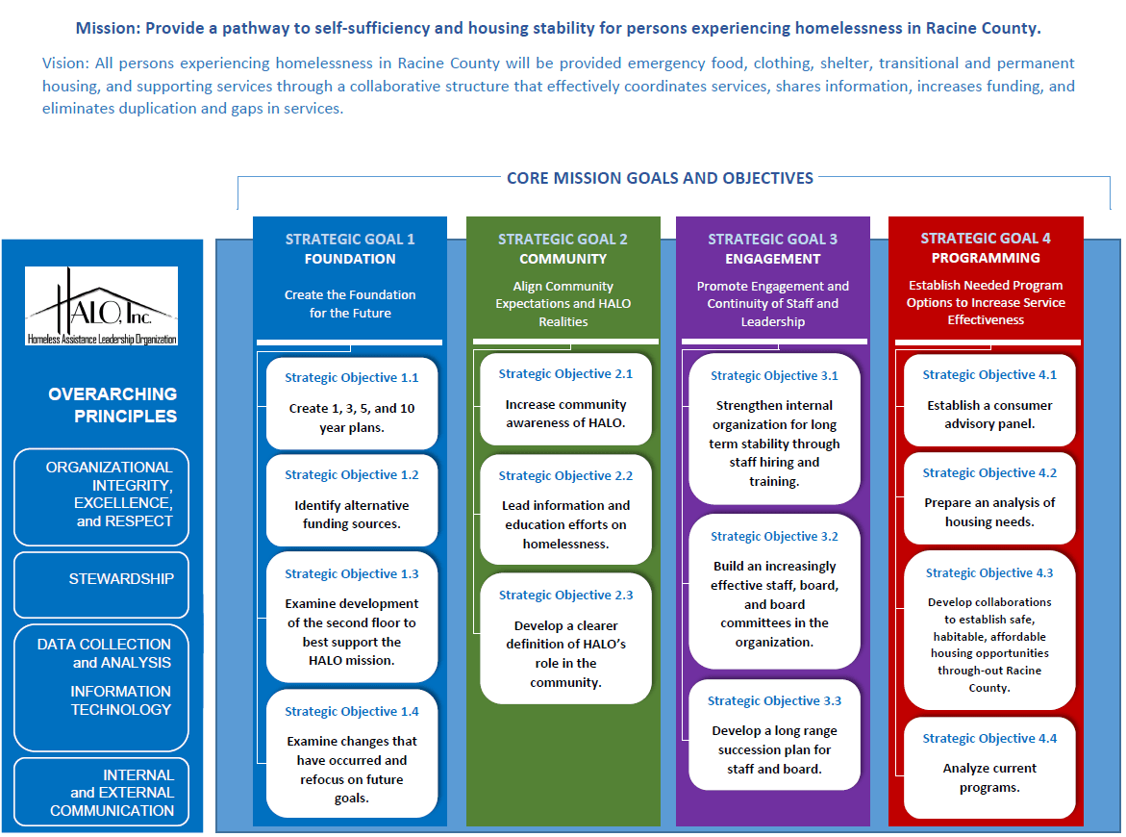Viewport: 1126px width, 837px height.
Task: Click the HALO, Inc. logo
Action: pos(102,306)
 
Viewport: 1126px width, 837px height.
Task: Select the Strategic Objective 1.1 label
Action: pos(351,378)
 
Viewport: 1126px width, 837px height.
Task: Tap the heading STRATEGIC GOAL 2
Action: pos(563,240)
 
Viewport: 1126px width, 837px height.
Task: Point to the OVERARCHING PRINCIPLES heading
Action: pos(113,405)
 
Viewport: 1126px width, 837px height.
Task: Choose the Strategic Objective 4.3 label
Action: pos(988,573)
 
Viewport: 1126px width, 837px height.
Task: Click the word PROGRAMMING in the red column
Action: pos(985,258)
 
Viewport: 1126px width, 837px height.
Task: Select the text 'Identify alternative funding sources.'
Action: pos(351,515)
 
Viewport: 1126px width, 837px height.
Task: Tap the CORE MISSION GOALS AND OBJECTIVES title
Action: pos(660,178)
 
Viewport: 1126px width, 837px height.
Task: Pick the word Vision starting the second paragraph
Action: pos(63,63)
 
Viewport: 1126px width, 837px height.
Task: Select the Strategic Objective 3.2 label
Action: pos(774,537)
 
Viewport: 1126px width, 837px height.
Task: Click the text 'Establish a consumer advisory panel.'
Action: pos(988,415)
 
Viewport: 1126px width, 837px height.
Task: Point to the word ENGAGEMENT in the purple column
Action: pos(772,259)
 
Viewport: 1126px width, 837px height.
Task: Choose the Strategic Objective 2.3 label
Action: pos(565,596)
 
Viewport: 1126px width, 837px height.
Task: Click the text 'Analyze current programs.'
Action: pos(988,777)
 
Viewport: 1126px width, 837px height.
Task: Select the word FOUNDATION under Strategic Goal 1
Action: pos(350,259)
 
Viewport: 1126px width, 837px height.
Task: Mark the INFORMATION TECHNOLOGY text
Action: pos(120,700)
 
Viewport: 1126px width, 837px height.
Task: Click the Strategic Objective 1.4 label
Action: pos(351,712)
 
